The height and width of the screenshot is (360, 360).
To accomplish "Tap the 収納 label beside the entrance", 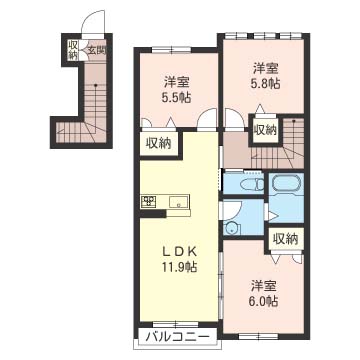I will tap(73, 49).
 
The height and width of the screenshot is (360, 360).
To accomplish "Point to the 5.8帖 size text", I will tap(264, 86).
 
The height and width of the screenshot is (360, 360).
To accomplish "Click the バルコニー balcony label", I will tap(164, 336).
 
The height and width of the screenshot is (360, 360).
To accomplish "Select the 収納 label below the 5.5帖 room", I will tap(158, 144).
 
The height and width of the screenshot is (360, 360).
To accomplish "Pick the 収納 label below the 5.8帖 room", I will tap(264, 131).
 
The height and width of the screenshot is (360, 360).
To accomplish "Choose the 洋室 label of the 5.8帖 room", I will tap(264, 69).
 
